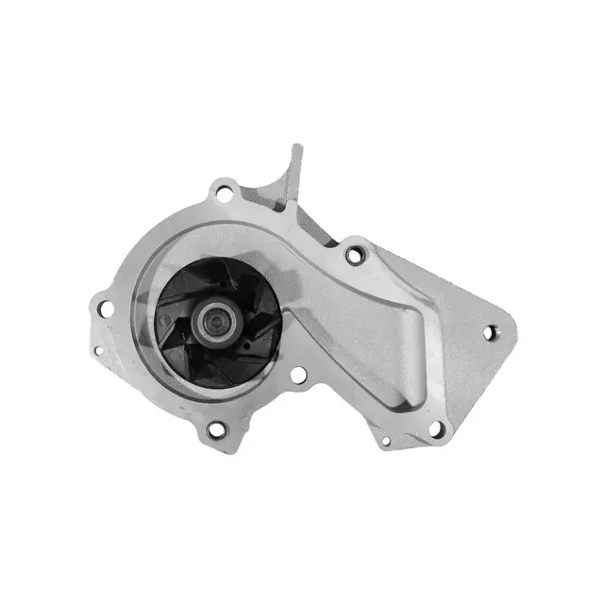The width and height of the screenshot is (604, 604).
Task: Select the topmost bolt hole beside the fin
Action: coord(225,193)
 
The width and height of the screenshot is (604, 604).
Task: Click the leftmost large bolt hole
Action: coord(107,309)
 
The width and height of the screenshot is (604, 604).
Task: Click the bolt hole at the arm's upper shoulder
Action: coord(355,254)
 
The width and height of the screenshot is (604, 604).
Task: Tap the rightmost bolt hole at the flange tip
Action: coord(490,331)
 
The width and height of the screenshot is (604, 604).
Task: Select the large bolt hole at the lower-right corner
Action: coord(436,428)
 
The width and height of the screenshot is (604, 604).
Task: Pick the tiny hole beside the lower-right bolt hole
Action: coord(385,439)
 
